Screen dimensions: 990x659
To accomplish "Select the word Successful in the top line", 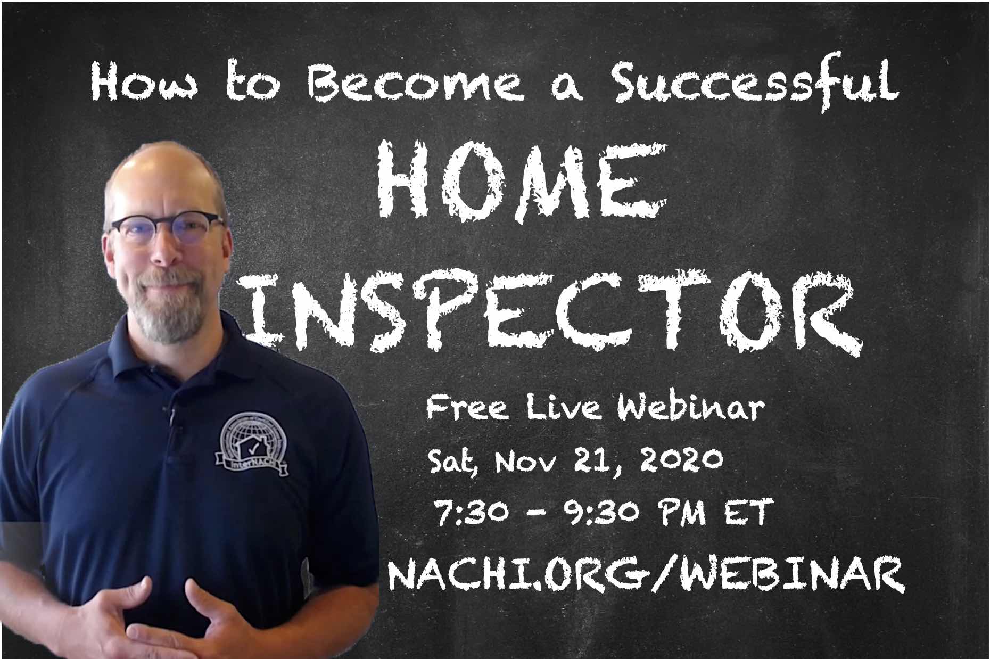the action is click(755, 81).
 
